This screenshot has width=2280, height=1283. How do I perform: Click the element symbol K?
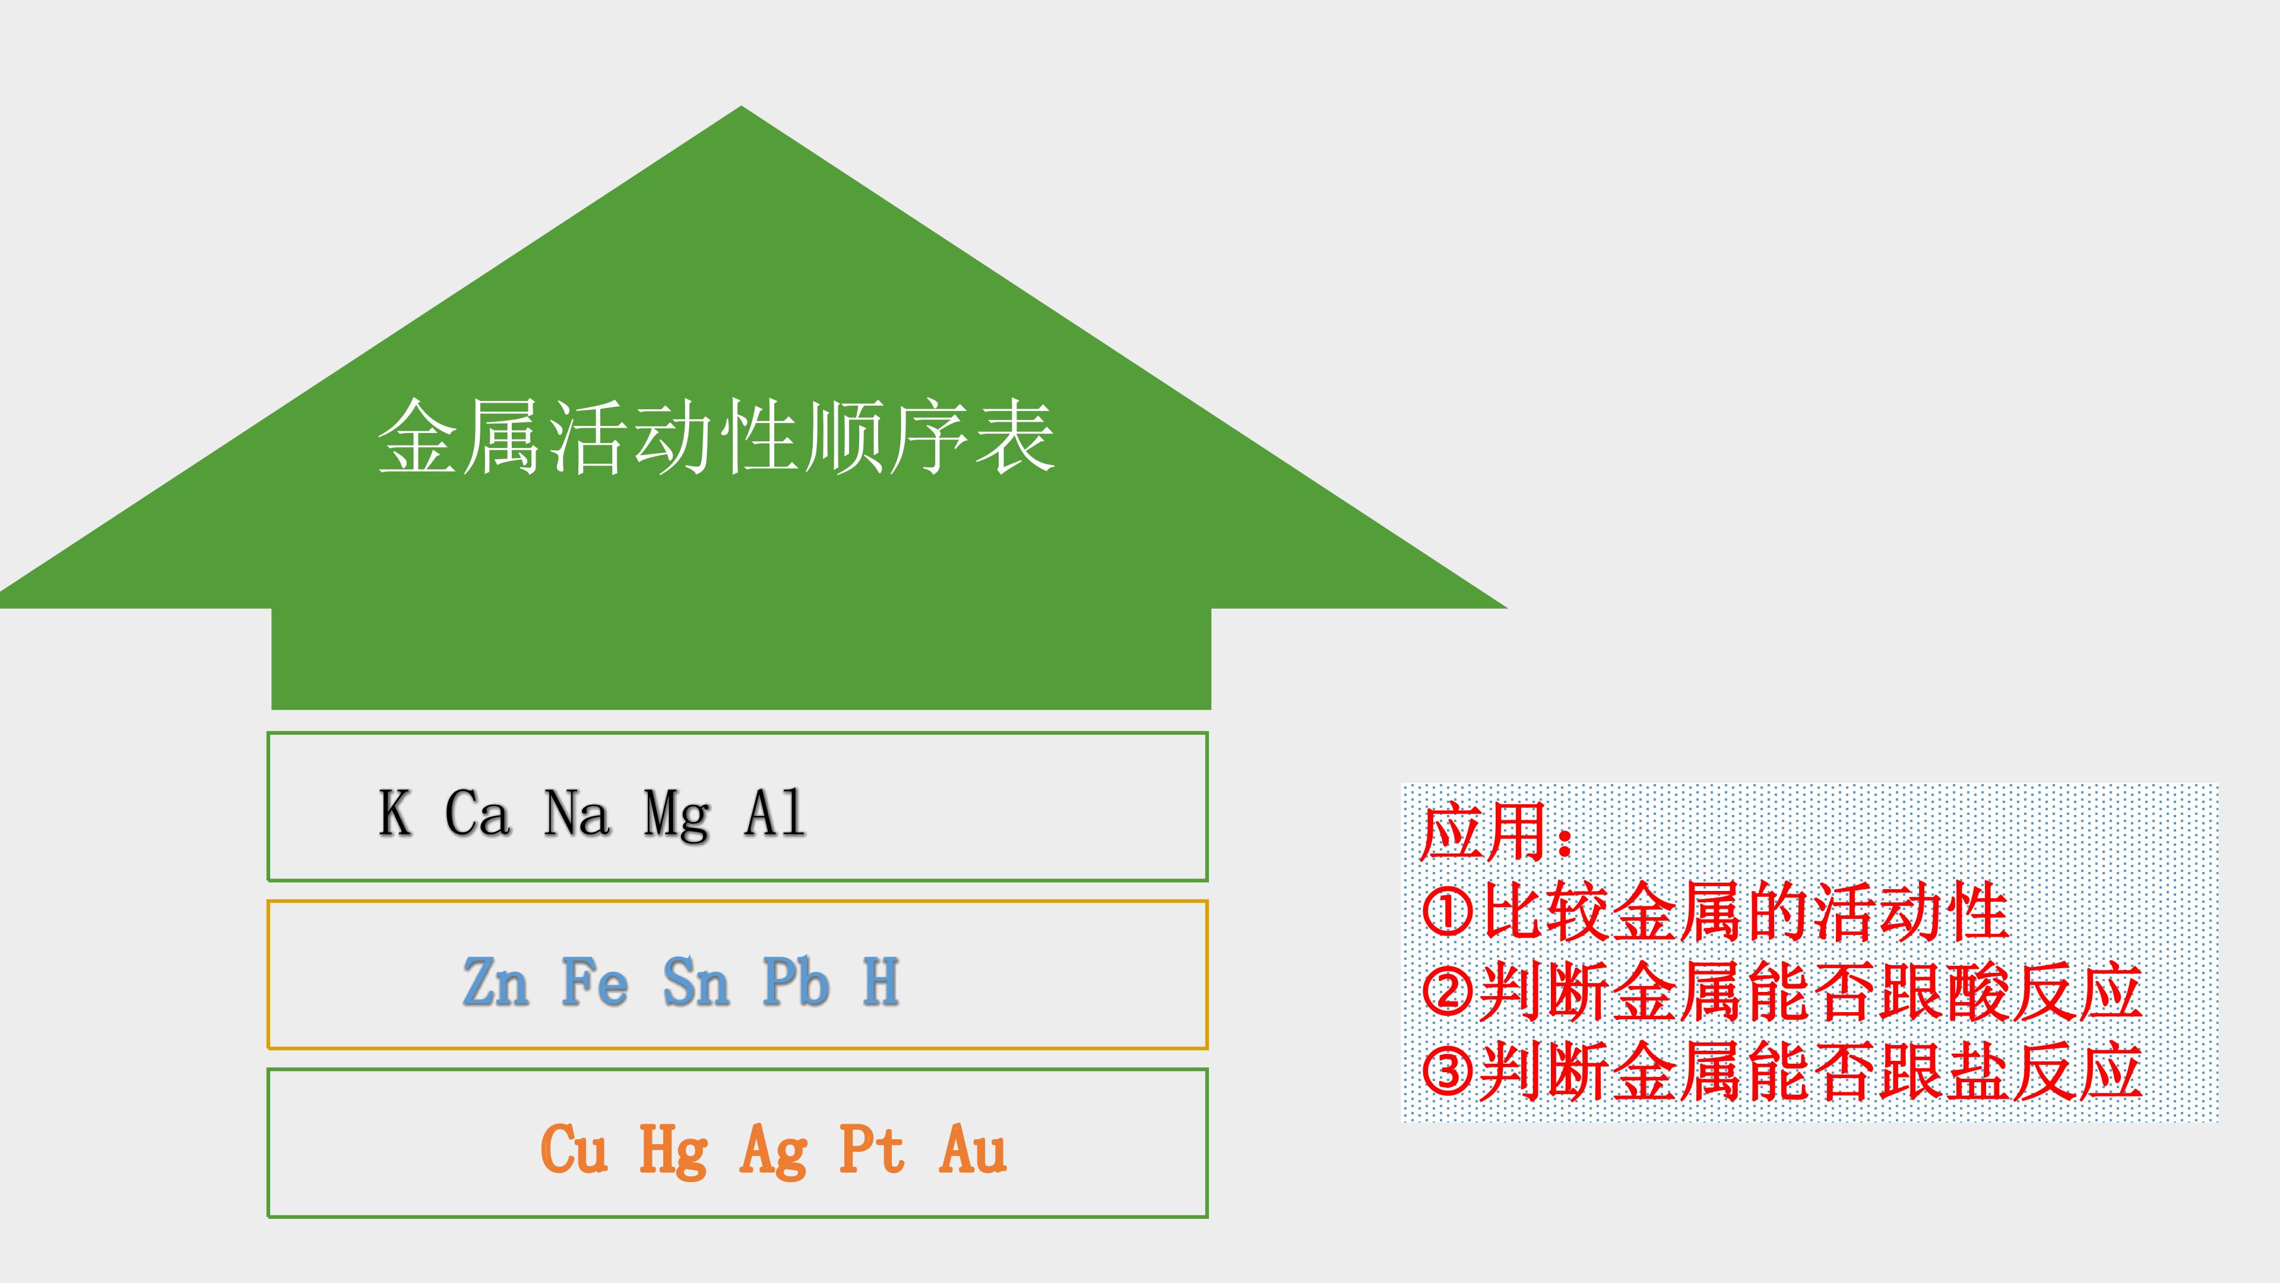pyautogui.click(x=395, y=813)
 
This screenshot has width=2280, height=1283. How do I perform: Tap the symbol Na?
pyautogui.click(x=577, y=813)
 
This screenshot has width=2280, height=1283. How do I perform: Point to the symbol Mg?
pyautogui.click(x=676, y=816)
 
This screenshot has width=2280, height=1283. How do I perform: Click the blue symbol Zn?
pyautogui.click(x=496, y=982)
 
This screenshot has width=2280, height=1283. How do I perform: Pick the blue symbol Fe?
pyautogui.click(x=595, y=982)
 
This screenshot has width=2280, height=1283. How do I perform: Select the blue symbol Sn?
pyautogui.click(x=696, y=982)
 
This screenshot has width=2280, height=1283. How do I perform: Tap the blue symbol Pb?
pyautogui.click(x=796, y=981)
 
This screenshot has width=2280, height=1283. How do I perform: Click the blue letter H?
pyautogui.click(x=882, y=981)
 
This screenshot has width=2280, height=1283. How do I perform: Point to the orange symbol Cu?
pyautogui.click(x=574, y=1149)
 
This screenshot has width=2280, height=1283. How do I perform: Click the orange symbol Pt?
pyautogui.click(x=872, y=1149)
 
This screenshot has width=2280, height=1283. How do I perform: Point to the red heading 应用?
pyautogui.click(x=1495, y=832)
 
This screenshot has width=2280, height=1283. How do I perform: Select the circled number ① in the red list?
pyautogui.click(x=1448, y=912)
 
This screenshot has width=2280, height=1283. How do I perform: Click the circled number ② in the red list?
pyautogui.click(x=1448, y=993)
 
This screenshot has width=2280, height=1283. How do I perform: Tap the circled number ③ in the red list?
pyautogui.click(x=1448, y=1072)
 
